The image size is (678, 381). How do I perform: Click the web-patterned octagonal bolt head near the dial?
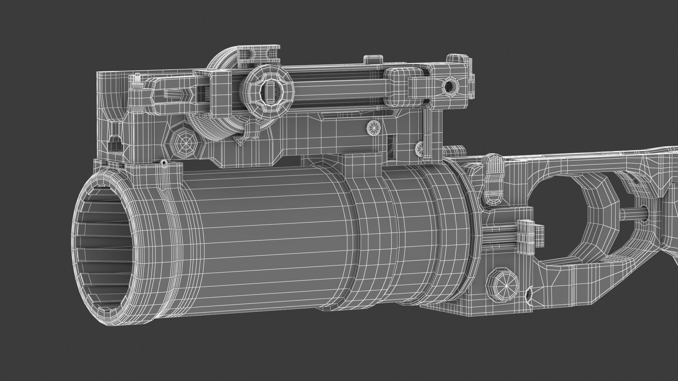[x=183, y=144]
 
